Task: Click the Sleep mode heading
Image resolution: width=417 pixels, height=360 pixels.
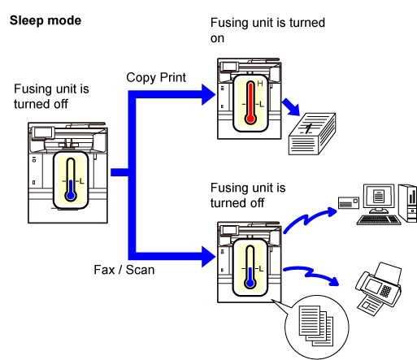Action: (x=46, y=20)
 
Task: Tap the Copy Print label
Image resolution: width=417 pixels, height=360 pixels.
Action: (x=156, y=77)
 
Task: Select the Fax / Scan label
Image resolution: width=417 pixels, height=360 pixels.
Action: (x=124, y=270)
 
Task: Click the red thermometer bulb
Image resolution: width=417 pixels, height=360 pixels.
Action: (x=250, y=119)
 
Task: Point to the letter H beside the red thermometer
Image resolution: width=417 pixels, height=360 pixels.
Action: (x=260, y=84)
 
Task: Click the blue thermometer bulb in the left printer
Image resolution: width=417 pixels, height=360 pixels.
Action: (x=71, y=195)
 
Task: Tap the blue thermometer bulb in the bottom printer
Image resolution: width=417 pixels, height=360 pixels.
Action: (x=250, y=283)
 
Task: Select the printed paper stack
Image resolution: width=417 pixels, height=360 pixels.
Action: (x=312, y=134)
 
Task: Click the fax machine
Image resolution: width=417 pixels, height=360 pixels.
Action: (x=379, y=288)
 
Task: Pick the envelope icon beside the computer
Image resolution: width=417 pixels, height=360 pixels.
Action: (x=349, y=203)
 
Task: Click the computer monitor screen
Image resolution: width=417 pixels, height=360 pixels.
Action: (x=379, y=196)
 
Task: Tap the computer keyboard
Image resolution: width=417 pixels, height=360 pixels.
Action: (x=379, y=219)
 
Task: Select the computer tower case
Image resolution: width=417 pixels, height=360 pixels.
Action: (x=408, y=203)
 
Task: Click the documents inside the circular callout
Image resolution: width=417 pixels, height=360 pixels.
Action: (x=316, y=326)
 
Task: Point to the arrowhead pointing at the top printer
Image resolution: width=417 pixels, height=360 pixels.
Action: (x=209, y=94)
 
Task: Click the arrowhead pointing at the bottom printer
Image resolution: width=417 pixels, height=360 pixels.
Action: (x=209, y=257)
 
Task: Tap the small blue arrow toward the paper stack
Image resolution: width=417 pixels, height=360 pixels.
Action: (x=291, y=107)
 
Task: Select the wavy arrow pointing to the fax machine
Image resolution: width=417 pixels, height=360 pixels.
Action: (x=311, y=274)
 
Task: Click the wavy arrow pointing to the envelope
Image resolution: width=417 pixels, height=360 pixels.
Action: (x=309, y=219)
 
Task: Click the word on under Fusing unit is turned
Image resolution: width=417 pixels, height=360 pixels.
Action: (x=217, y=39)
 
